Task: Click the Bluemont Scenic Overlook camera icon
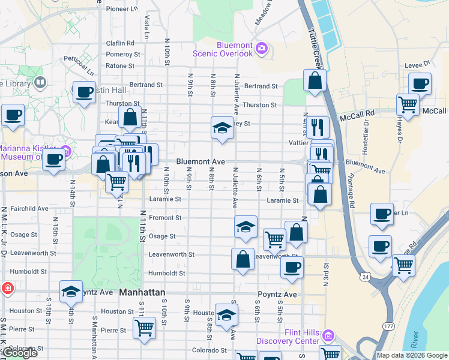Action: coord(261,48)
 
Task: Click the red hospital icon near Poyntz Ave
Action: coord(6,288)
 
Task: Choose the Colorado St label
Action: coord(209,350)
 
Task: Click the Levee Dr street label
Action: coord(419,62)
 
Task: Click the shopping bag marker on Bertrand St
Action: coord(315,80)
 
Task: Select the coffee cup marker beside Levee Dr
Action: coord(420,83)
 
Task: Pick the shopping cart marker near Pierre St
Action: coord(144,328)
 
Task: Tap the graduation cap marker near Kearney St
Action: coord(222,127)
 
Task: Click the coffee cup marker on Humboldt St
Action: coord(292,267)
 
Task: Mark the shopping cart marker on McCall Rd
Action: coord(408,104)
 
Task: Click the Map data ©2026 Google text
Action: coord(412,355)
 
